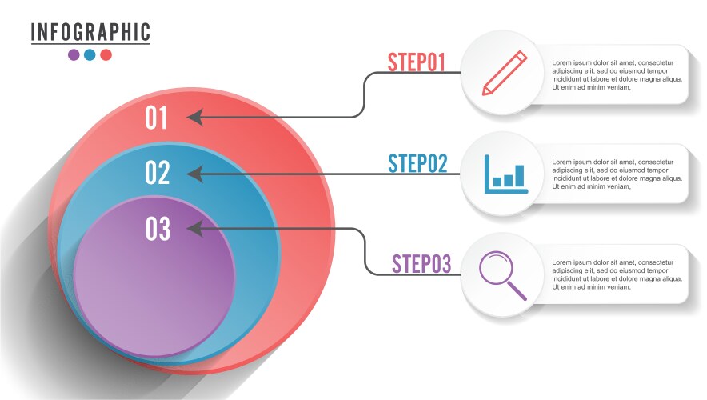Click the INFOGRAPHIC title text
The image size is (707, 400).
pyautogui.click(x=90, y=32)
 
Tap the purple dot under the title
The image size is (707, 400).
pyautogui.click(x=74, y=55)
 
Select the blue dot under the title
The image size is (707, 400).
pyautogui.click(x=90, y=55)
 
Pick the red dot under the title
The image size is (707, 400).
pyautogui.click(x=106, y=55)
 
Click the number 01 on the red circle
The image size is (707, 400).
pyautogui.click(x=157, y=118)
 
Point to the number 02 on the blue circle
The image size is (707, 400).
pyautogui.click(x=158, y=173)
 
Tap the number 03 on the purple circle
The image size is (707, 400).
pyautogui.click(x=158, y=230)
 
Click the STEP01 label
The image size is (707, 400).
pyautogui.click(x=416, y=62)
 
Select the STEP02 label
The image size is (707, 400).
pyautogui.click(x=417, y=163)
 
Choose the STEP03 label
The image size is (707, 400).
pyautogui.click(x=421, y=263)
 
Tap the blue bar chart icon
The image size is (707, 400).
pyautogui.click(x=505, y=174)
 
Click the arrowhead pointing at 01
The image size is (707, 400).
pyautogui.click(x=194, y=118)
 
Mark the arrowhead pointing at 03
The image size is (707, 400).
pyautogui.click(x=194, y=229)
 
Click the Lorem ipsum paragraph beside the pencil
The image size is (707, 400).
pyautogui.click(x=617, y=75)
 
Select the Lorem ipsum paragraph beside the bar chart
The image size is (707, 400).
pyautogui.click(x=617, y=174)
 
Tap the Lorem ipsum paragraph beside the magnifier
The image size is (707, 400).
pyautogui.click(x=617, y=274)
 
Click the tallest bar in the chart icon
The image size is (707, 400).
pyautogui.click(x=519, y=175)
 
